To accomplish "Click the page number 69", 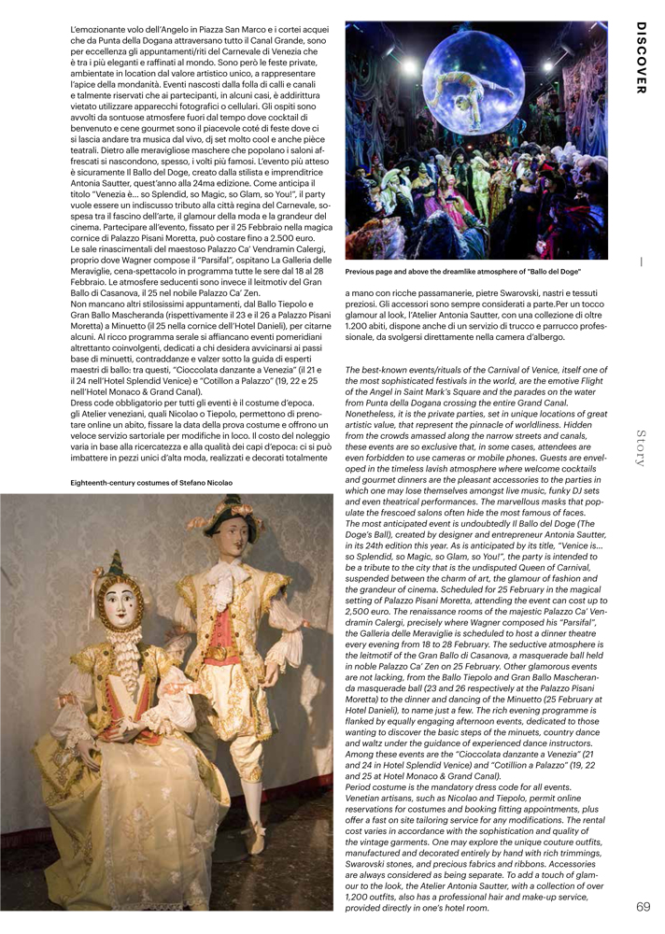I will pyautogui.click(x=644, y=906).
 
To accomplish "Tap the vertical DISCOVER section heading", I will pyautogui.click(x=642, y=58).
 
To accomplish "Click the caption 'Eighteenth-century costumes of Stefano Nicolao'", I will pyautogui.click(x=151, y=482).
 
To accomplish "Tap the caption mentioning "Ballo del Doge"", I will pyautogui.click(x=462, y=271).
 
